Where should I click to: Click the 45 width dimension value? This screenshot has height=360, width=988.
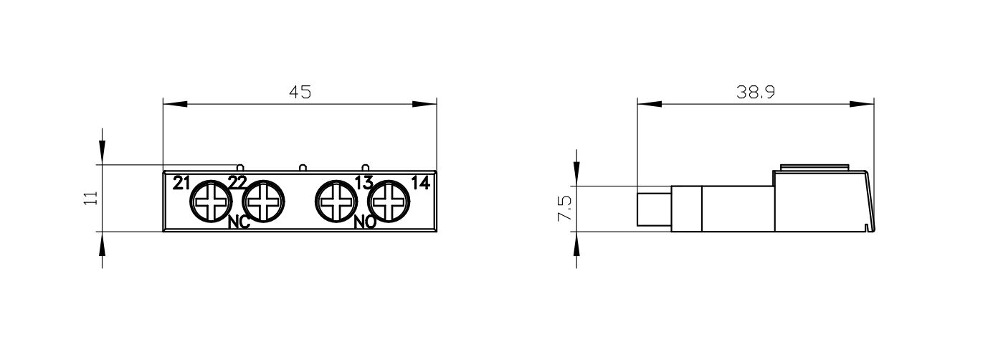(x=300, y=93)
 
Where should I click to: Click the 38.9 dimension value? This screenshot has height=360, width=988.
(x=756, y=93)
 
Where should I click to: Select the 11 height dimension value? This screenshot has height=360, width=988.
(x=90, y=198)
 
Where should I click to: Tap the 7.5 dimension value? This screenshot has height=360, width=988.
(x=564, y=209)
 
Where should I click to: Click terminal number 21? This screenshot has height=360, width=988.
(x=181, y=183)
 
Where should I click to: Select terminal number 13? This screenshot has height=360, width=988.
(x=364, y=183)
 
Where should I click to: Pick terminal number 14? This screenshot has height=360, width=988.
(x=420, y=183)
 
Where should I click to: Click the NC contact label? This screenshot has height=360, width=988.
(x=239, y=223)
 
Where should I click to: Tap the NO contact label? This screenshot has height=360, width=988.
(x=366, y=223)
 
